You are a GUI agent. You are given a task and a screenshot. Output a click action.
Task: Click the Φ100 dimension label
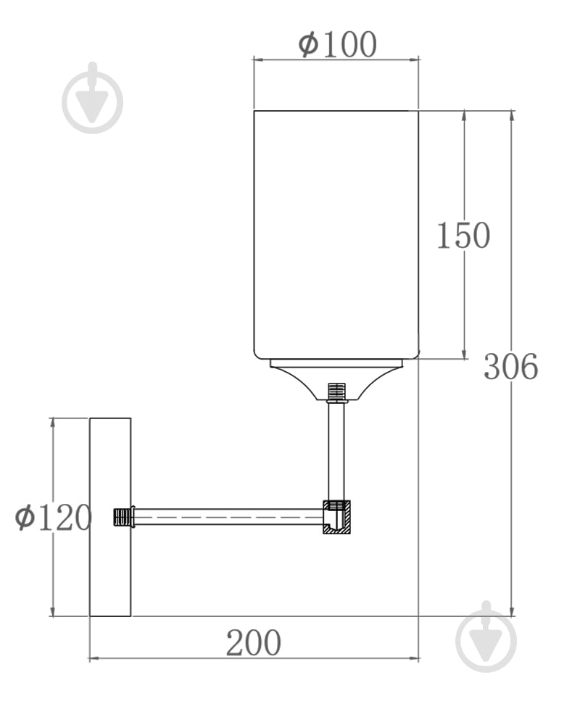337,44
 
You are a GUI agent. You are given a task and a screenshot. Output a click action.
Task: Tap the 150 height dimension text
463,236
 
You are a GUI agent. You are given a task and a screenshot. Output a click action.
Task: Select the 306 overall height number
510,367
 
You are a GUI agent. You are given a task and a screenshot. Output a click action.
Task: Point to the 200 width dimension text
254,643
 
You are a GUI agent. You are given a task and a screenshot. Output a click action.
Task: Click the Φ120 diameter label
54,518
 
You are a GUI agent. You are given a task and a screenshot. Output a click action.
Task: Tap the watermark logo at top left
93,99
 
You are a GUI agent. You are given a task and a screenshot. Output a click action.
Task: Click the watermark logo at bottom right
486,637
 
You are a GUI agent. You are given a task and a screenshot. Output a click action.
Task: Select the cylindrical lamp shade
336,235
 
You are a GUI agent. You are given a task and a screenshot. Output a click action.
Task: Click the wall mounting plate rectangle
110,517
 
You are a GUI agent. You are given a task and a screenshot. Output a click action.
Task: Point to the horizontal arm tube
228,517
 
